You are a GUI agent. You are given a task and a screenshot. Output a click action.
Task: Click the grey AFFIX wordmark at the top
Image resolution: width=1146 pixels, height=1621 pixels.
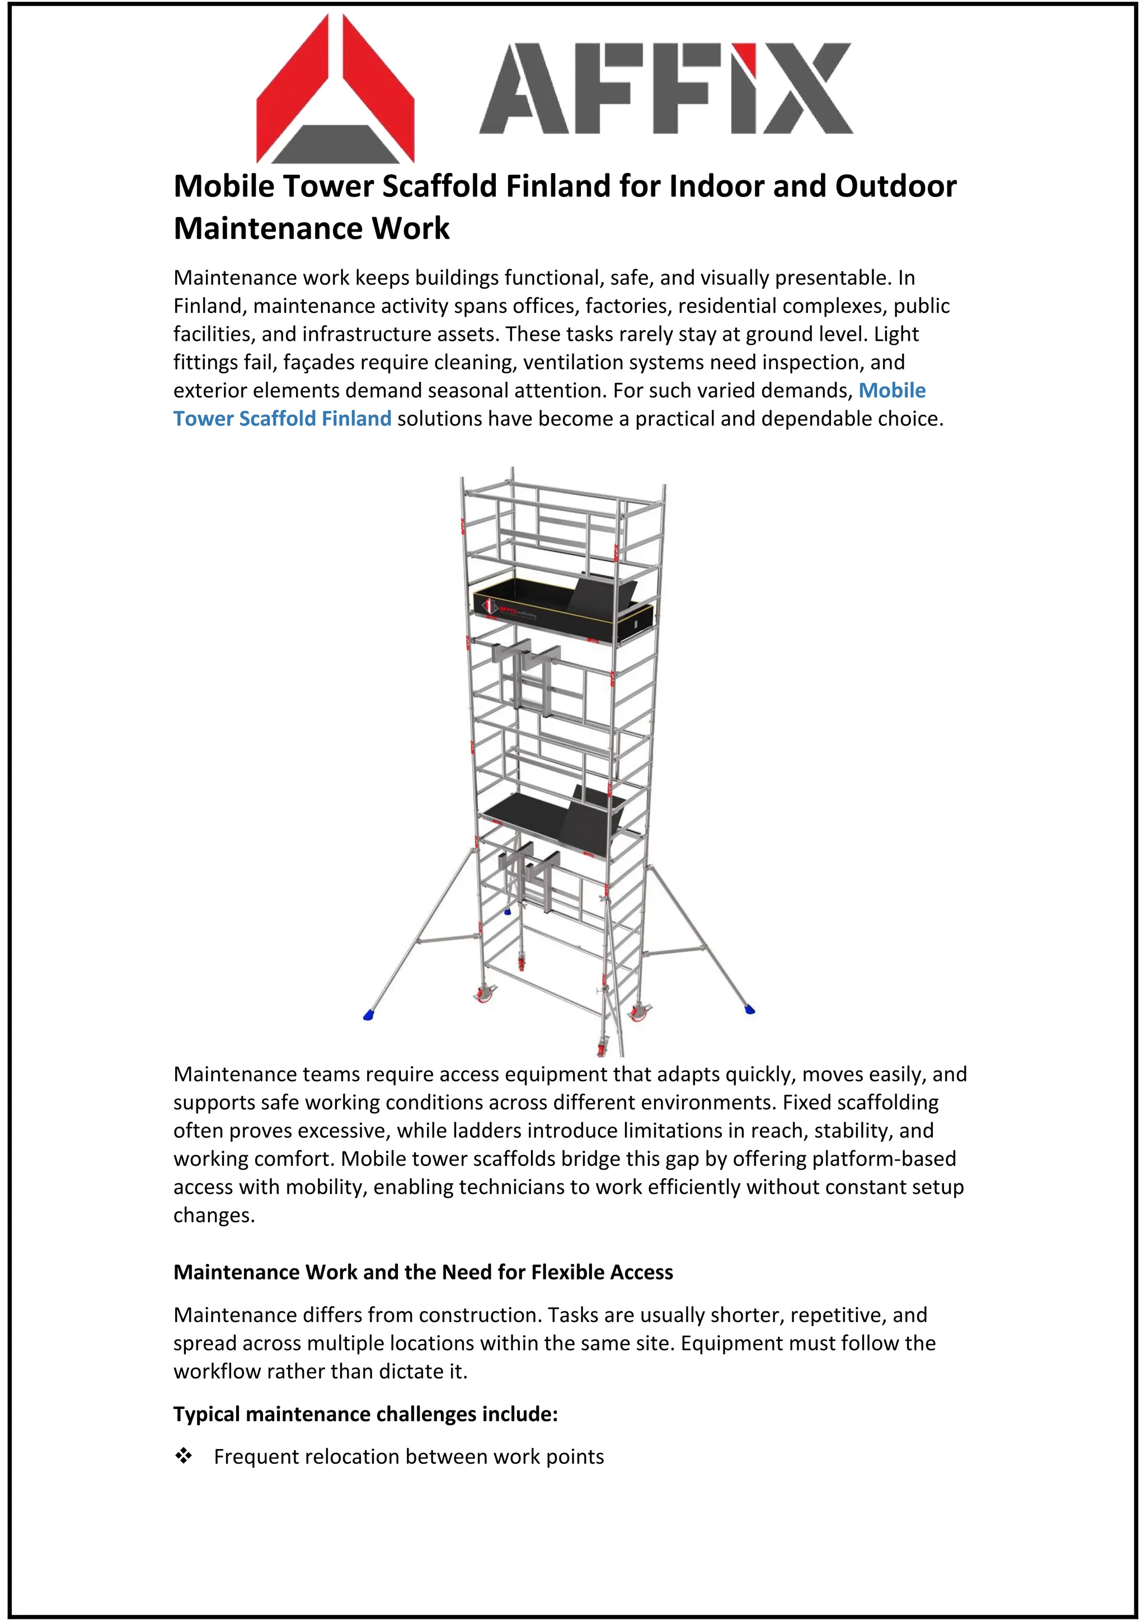pyautogui.click(x=665, y=88)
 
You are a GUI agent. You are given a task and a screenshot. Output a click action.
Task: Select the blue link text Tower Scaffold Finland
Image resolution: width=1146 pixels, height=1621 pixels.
pyautogui.click(x=282, y=419)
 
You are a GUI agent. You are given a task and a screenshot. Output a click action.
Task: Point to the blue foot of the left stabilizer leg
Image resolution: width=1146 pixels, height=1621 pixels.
pyautogui.click(x=368, y=1015)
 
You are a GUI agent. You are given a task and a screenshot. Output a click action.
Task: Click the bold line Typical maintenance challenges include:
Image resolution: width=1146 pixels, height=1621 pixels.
pyautogui.click(x=365, y=1414)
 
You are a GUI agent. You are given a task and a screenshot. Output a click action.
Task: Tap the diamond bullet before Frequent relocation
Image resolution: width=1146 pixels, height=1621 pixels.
pyautogui.click(x=184, y=1456)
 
